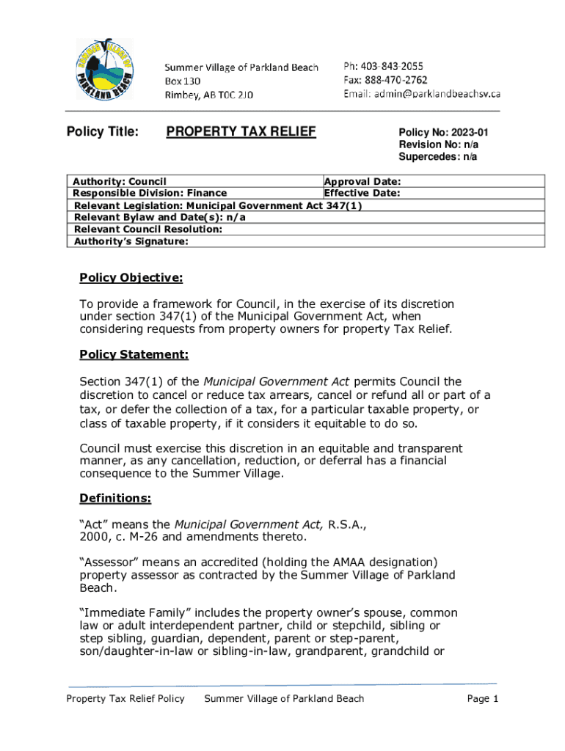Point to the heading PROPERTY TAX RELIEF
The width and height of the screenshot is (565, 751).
tap(241, 132)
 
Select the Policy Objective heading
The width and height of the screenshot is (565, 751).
tap(131, 278)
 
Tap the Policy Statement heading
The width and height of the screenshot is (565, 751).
tap(134, 355)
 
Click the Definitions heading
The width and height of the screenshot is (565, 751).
tap(115, 499)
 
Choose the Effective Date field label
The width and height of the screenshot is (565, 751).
tap(362, 193)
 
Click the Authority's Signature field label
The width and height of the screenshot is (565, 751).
tap(131, 241)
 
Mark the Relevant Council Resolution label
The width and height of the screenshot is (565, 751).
tap(148, 229)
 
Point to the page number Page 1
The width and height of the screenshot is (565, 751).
tap(483, 698)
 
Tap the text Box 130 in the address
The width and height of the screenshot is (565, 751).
tap(183, 81)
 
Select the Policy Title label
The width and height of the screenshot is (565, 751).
tap(102, 132)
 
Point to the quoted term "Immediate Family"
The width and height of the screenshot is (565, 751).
tap(131, 612)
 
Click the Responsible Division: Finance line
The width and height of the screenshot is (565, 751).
tap(150, 193)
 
